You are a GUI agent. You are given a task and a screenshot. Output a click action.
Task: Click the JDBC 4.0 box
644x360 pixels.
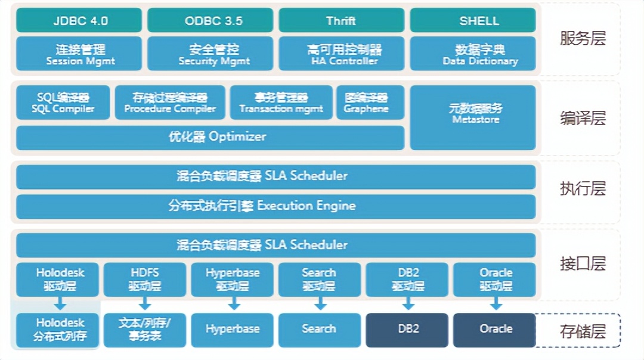(x=79, y=20)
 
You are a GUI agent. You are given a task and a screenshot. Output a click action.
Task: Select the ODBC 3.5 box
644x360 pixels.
(x=210, y=20)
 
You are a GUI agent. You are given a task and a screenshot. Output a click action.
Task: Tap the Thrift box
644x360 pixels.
(x=341, y=20)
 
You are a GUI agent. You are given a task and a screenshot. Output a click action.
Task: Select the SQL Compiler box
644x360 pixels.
(x=63, y=103)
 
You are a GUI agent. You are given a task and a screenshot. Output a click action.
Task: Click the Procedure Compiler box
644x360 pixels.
(x=170, y=103)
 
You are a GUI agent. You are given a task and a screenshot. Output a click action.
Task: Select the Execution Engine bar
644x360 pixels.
(x=275, y=206)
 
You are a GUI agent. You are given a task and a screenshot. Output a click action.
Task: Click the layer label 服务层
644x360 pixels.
(x=583, y=39)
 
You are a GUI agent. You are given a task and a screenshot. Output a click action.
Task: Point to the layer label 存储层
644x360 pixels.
(x=583, y=331)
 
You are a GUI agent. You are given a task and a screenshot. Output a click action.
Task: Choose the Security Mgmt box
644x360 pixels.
(x=210, y=54)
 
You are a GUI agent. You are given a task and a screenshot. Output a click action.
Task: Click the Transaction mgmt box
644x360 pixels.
(x=281, y=103)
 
